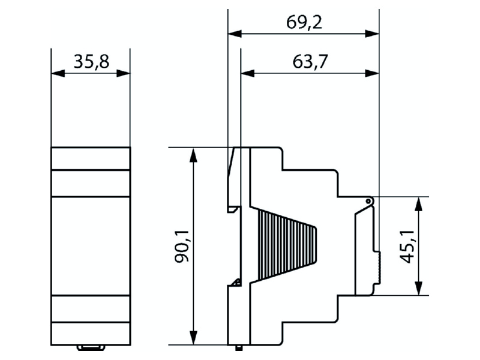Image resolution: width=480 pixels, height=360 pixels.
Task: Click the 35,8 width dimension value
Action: coord(91,62)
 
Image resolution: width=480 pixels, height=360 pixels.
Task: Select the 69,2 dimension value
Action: coord(304,22)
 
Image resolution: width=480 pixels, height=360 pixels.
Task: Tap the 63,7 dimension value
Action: coord(310,62)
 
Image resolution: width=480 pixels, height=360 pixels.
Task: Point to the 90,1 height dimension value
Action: coord(182,246)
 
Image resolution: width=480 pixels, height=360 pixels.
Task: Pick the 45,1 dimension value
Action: coord(408,247)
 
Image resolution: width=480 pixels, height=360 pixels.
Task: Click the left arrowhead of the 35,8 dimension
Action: coord(58,73)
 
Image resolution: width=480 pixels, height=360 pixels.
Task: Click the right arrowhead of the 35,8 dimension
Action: coord(124,73)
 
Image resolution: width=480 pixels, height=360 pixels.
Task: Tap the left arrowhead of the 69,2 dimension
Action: coord(235,34)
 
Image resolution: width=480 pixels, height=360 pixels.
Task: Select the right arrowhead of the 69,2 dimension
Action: coord(372,34)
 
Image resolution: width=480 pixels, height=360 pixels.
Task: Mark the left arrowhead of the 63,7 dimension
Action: coord(247,73)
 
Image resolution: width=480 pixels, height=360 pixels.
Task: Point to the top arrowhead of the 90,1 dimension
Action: coord(193,155)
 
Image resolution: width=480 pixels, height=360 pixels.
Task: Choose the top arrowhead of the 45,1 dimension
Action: coord(418,204)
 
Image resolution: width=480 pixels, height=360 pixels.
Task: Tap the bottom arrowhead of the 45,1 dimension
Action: coord(418,289)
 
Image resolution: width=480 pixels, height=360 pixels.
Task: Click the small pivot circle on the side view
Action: coord(368,201)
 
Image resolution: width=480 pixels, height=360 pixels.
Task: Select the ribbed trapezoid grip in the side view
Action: coord(283,245)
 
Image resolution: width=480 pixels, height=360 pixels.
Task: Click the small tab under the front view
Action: coord(91,348)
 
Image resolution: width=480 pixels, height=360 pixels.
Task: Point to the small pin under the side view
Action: coord(238,348)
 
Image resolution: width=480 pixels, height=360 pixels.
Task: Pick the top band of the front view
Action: coord(91,158)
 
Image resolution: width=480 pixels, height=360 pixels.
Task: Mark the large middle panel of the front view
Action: coord(91,246)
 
